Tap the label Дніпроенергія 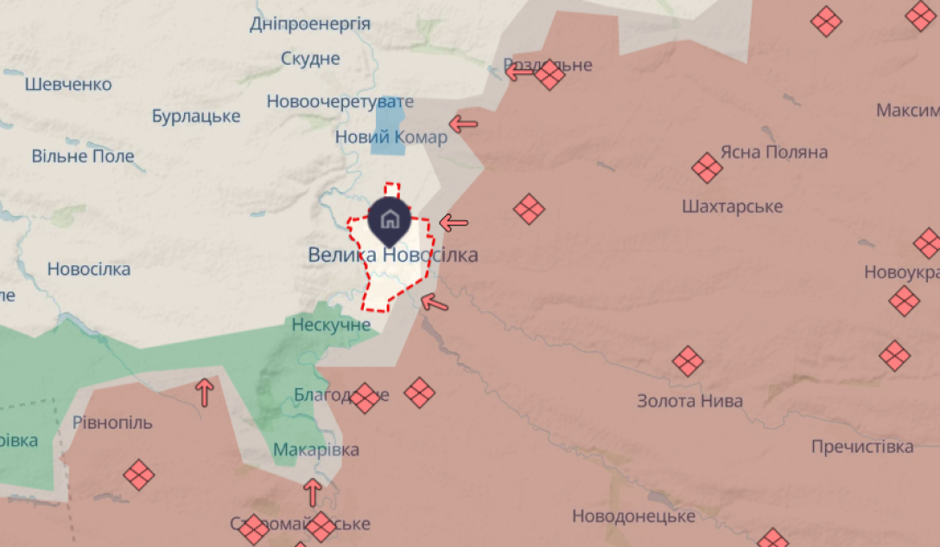tap(310, 24)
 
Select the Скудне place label tap(310, 59)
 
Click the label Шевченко tap(68, 85)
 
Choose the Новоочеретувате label tap(327, 101)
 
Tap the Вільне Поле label tap(83, 156)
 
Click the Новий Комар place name tap(391, 137)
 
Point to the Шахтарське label tap(732, 207)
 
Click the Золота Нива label tap(689, 401)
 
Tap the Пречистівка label tap(861, 447)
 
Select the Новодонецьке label tap(633, 516)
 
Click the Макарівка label tap(315, 449)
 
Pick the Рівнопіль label tap(112, 423)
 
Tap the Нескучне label tap(331, 325)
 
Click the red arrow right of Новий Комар tap(463, 124)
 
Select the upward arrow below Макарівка tap(313, 493)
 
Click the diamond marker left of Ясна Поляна tap(707, 168)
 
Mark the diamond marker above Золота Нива tap(688, 361)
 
